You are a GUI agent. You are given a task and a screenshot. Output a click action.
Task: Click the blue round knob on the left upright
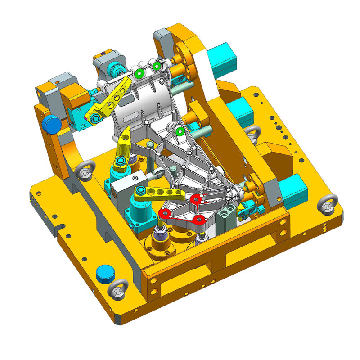point(52,124)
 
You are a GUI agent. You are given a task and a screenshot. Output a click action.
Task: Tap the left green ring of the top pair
point(139,73)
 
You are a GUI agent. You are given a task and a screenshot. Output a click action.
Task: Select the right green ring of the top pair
point(157,67)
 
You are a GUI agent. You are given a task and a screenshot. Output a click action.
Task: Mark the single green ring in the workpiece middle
point(180,132)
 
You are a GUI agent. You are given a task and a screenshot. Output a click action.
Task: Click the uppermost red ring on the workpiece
point(195,199)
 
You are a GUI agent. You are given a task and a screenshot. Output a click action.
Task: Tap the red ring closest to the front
point(199,219)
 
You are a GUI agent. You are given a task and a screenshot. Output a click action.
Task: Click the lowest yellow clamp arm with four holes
point(160,193)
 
